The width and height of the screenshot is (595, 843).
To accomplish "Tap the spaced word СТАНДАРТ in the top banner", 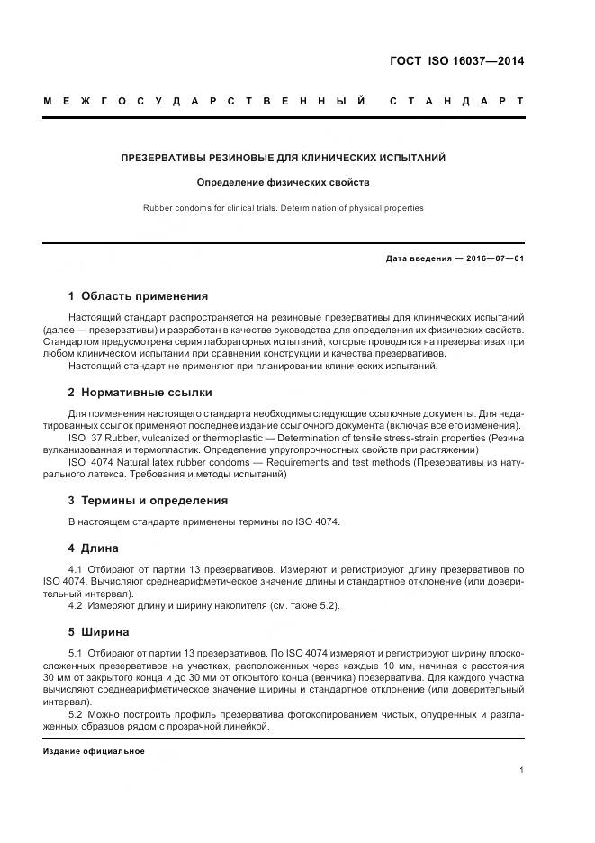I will (456, 101).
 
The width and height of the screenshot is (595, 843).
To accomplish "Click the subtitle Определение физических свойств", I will (284, 182).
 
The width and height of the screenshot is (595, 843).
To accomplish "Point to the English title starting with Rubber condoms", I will (284, 208).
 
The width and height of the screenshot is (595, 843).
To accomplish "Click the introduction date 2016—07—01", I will (491, 259).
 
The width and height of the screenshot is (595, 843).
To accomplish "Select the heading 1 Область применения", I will (138, 295).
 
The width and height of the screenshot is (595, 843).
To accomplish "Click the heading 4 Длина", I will (93, 548).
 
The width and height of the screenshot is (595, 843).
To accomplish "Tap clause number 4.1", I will (76, 570).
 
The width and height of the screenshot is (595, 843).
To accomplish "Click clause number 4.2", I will (76, 606).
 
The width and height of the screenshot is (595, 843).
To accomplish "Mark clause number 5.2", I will (76, 713).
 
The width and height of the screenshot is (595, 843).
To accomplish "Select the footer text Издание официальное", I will (93, 750).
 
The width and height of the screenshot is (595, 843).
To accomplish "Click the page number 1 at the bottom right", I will (522, 770).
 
